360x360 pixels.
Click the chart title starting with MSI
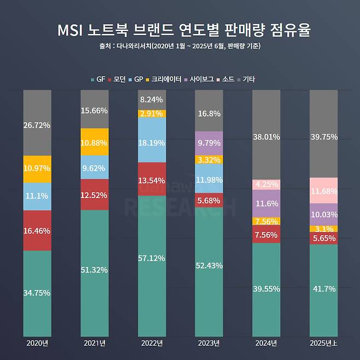(x=180, y=30)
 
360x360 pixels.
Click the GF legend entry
(x=98, y=79)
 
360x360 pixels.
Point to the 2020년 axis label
(x=37, y=343)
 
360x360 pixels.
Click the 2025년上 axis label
(x=323, y=343)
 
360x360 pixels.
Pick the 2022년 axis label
(x=152, y=343)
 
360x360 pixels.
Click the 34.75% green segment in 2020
(x=37, y=293)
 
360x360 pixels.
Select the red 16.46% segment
(x=37, y=231)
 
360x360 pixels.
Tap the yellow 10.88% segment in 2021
(x=95, y=142)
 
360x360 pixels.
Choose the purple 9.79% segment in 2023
(x=209, y=143)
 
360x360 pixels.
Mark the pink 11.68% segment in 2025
(x=323, y=190)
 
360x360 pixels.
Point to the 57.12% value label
(x=152, y=258)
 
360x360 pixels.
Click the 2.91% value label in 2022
(x=152, y=114)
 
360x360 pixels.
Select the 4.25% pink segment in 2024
(x=266, y=184)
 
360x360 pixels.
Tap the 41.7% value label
(x=323, y=288)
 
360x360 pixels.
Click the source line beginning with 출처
(x=180, y=46)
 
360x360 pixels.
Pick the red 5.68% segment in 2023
(x=209, y=201)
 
